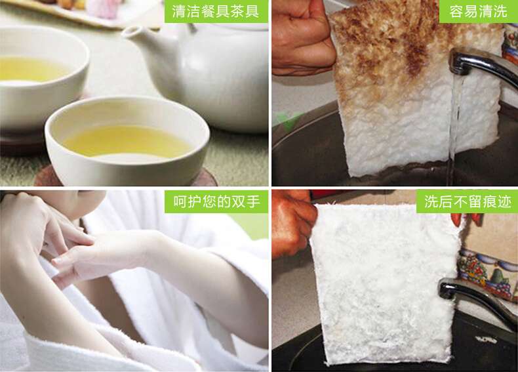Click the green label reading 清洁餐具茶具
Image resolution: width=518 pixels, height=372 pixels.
(216, 11)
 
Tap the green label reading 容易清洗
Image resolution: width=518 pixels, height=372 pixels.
(478, 11)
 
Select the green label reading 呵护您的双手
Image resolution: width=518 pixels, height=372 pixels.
(216, 201)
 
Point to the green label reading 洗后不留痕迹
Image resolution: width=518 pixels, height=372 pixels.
(467, 201)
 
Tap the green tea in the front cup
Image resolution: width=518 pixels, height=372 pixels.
(127, 141)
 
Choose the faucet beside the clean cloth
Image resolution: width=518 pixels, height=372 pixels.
(476, 298)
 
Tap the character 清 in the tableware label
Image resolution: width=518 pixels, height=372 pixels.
(179, 11)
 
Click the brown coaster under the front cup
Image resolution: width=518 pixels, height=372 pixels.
(125, 178)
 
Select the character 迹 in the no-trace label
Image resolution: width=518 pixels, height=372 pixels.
(504, 201)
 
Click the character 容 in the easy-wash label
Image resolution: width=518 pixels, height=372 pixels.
(456, 11)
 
